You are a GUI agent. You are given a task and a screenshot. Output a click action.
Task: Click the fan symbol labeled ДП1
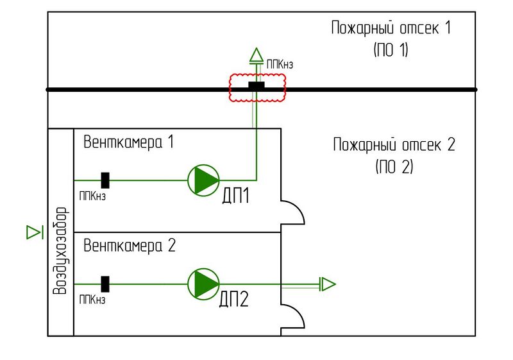pyautogui.click(x=203, y=180)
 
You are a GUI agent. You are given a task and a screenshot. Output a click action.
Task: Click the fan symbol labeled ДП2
pyautogui.click(x=203, y=284)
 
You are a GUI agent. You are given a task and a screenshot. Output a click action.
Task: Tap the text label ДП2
pyautogui.click(x=235, y=299)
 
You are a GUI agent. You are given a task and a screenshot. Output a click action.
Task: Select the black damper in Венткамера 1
pyautogui.click(x=105, y=180)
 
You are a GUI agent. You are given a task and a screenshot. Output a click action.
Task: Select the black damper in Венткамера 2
pyautogui.click(x=105, y=284)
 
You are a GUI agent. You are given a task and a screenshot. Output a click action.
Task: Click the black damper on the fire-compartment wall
pyautogui.click(x=256, y=86)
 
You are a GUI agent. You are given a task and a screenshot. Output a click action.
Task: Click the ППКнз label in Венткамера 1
pyautogui.click(x=92, y=196)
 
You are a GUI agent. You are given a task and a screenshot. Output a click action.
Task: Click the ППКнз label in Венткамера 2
pyautogui.click(x=92, y=300)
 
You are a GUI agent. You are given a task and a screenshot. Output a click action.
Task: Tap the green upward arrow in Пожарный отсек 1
pyautogui.click(x=256, y=55)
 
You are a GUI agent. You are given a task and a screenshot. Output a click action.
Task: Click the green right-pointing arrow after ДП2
pyautogui.click(x=327, y=284)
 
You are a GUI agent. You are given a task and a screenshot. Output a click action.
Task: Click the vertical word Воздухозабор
pyautogui.click(x=60, y=251)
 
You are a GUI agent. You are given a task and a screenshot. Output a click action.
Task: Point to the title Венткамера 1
pyautogui.click(x=129, y=142)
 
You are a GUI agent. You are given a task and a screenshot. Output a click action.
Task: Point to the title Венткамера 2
pyautogui.click(x=129, y=246)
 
